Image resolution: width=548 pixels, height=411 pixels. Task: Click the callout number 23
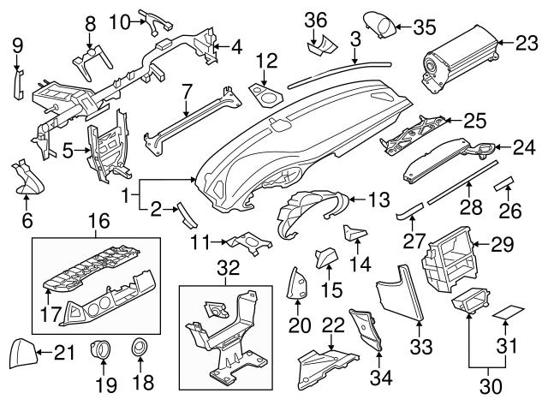pos(528,41)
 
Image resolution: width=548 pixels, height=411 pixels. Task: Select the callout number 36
pos(316,19)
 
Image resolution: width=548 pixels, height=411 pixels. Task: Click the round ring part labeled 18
pos(137,349)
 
